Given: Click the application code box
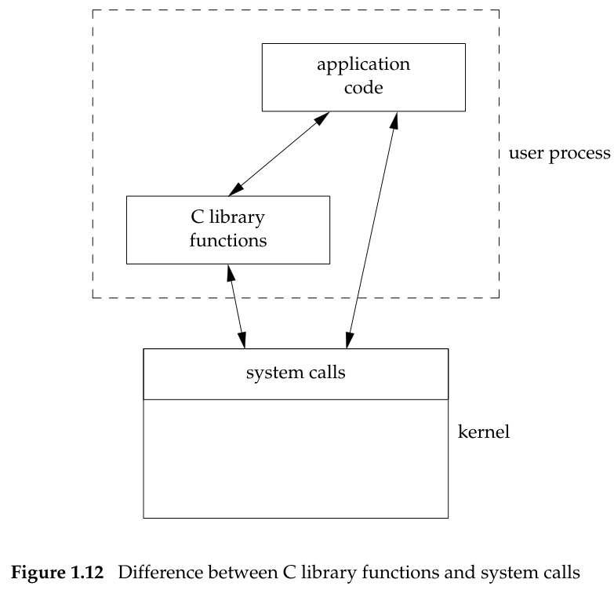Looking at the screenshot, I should (x=363, y=77).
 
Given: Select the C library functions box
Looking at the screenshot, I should (x=227, y=229).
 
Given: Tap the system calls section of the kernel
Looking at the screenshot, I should (x=296, y=373).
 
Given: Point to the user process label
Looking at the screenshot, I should (x=559, y=152).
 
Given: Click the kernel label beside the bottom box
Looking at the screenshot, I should (x=483, y=432).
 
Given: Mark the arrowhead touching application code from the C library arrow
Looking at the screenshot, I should (x=322, y=118).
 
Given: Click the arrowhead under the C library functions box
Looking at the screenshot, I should (x=230, y=271).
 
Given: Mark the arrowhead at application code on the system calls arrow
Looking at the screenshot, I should (x=396, y=118).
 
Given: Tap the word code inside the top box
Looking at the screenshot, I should (x=362, y=87).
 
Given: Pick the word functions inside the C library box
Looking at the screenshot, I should (x=229, y=239).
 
